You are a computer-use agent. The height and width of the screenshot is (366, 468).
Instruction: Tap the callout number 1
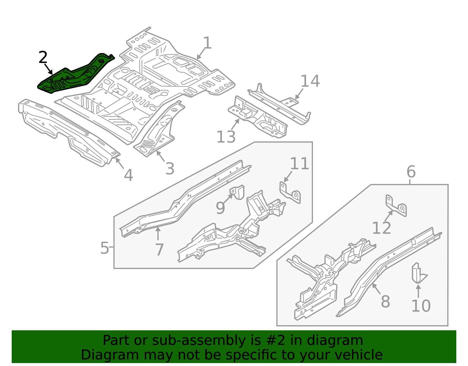pyautogui.click(x=207, y=43)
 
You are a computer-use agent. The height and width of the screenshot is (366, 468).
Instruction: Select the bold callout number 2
pyautogui.click(x=43, y=57)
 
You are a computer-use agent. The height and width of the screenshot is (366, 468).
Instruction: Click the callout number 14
pyautogui.click(x=310, y=81)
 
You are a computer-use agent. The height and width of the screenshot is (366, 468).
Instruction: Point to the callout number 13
pyautogui.click(x=226, y=137)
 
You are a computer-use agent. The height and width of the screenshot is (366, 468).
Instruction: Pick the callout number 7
pyautogui.click(x=159, y=250)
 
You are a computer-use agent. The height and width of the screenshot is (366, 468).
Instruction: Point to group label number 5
pyautogui.click(x=104, y=248)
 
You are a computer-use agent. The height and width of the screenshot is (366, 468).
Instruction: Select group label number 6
pyautogui.click(x=411, y=172)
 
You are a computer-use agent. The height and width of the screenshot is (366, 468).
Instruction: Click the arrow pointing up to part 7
pyautogui.click(x=158, y=234)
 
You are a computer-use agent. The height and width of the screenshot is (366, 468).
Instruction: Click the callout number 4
pyautogui.click(x=128, y=175)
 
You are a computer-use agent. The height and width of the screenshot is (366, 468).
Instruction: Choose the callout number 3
pyautogui.click(x=170, y=169)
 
